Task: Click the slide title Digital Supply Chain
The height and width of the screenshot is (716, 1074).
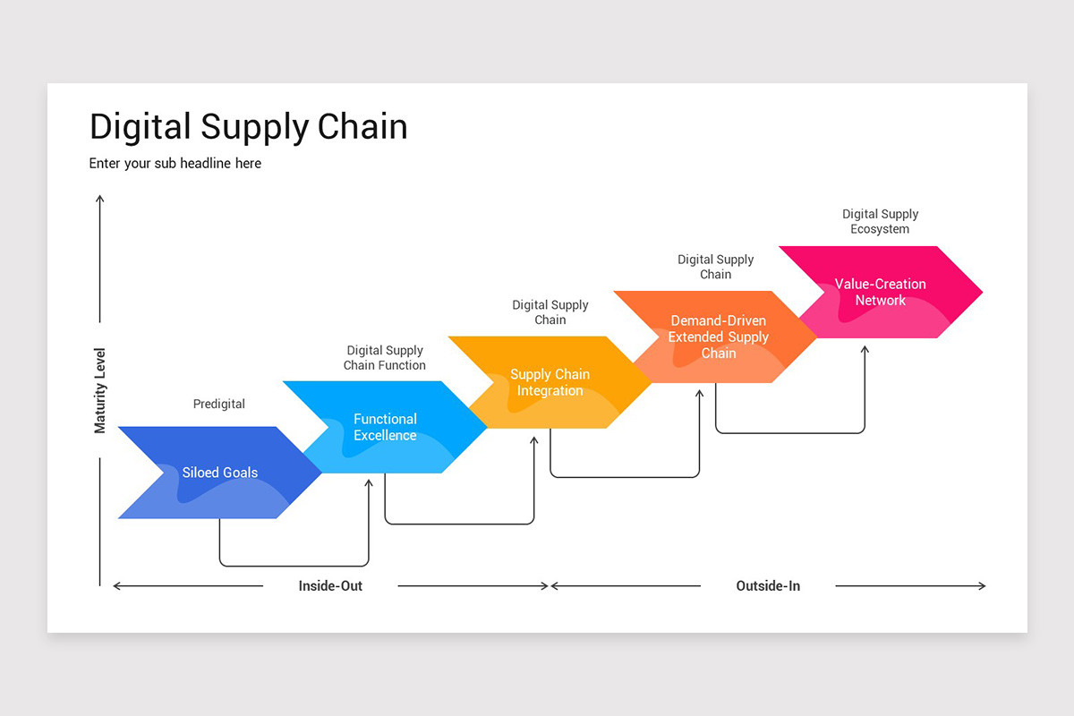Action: coord(249,127)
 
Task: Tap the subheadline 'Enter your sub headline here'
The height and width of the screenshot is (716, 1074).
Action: coord(175,164)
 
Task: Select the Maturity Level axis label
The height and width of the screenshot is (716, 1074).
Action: coord(99,390)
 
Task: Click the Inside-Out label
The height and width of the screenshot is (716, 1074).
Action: coord(330,585)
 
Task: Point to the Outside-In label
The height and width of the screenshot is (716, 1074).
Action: coord(768,585)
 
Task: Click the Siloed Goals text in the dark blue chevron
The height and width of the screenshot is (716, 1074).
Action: coord(220,473)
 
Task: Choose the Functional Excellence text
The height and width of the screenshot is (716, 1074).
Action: coord(385,427)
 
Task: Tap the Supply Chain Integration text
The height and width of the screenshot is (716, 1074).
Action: coord(550,382)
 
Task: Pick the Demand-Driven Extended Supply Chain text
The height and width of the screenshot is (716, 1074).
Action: coord(718,337)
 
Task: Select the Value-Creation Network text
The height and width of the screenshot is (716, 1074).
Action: coord(881,292)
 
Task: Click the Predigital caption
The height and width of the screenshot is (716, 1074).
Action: coord(219,404)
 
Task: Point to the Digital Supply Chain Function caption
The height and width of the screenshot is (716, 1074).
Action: coord(385,358)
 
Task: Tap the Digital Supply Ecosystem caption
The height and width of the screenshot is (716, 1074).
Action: coord(881,221)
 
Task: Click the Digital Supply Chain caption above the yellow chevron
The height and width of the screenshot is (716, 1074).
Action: coord(550,312)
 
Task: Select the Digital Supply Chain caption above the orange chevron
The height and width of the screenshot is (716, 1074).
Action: coord(715,267)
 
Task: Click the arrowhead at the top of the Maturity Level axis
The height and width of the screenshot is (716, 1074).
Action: coord(99,197)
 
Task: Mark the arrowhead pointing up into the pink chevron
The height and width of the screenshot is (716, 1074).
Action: coord(865,347)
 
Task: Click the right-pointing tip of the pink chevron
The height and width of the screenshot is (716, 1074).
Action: coord(983,292)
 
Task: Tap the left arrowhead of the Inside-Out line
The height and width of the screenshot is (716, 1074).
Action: coord(115,585)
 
